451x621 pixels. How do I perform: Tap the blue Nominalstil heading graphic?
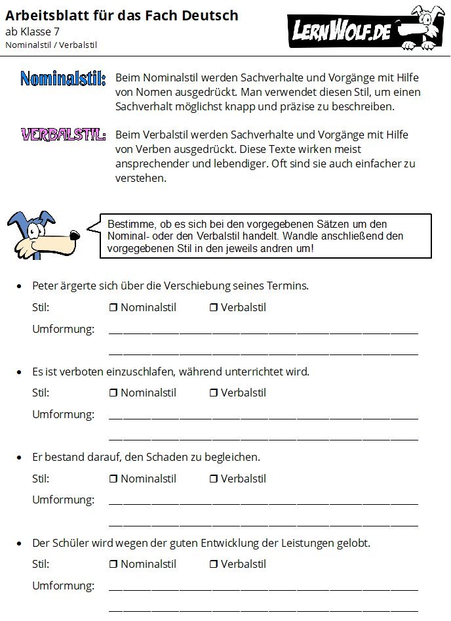click(x=63, y=80)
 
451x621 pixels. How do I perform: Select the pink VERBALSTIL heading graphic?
click(x=63, y=135)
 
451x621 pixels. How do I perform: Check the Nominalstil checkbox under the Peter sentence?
click(x=113, y=308)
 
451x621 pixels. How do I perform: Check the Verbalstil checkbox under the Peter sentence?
click(x=213, y=308)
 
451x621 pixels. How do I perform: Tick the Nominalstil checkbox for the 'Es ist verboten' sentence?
click(x=113, y=393)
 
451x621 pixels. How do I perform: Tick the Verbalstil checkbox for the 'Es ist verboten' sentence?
click(x=213, y=393)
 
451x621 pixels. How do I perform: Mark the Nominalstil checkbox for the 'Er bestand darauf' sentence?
click(x=113, y=479)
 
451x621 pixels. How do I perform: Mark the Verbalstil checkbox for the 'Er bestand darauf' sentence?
click(x=213, y=479)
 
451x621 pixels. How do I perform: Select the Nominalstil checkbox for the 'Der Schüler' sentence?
click(x=113, y=565)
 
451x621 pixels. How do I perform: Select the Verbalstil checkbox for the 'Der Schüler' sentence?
click(x=213, y=565)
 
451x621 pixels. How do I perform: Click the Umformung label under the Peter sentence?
click(x=63, y=329)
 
